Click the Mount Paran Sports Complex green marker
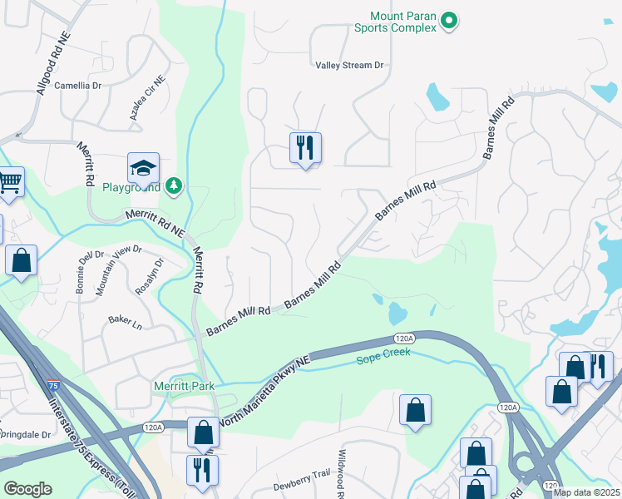[x=449, y=20]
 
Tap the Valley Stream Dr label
[x=349, y=65]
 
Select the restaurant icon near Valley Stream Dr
[x=305, y=148]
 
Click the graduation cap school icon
[x=143, y=168]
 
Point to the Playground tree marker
[x=174, y=185]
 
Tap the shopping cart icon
[x=9, y=180]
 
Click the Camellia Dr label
[x=77, y=85]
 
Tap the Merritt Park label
[x=184, y=386]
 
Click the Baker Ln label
[x=125, y=319]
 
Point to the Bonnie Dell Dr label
[x=89, y=267]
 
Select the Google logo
[x=27, y=489]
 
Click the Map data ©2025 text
[x=586, y=492]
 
